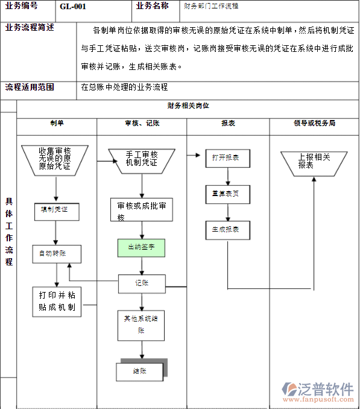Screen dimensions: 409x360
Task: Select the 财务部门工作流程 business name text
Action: coord(211,6)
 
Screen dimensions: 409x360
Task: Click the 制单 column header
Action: coord(57,123)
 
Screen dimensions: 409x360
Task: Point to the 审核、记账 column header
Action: coord(142,123)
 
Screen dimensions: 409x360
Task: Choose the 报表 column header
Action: coord(228,123)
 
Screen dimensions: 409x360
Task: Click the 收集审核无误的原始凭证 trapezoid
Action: coord(55,159)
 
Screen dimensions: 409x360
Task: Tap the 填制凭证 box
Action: coord(56,211)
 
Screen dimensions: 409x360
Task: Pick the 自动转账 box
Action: coord(56,254)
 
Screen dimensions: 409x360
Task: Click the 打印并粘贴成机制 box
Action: coord(57,301)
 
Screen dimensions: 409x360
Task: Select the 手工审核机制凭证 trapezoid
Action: coord(142,159)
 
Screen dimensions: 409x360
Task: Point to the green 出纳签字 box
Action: coord(141,247)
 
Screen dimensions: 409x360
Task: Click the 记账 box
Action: coord(141,283)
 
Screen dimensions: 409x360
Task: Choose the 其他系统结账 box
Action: coord(141,325)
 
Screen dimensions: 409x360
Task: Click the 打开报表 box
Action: coord(227,158)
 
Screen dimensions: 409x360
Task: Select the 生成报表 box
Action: coord(227,230)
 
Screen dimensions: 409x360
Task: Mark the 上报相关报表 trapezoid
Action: coord(314,161)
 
